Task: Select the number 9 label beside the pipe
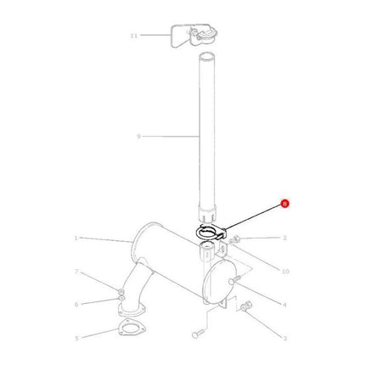[x=138, y=135]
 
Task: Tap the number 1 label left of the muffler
[x=76, y=239]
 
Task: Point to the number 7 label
[x=76, y=272]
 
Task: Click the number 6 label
[x=76, y=303]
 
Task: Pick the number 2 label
[x=285, y=239]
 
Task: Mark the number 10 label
[x=285, y=271]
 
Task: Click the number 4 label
[x=285, y=304]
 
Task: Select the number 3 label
[x=285, y=337]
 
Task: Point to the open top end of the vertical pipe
[x=206, y=58]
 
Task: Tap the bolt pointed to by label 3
[x=246, y=306]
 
